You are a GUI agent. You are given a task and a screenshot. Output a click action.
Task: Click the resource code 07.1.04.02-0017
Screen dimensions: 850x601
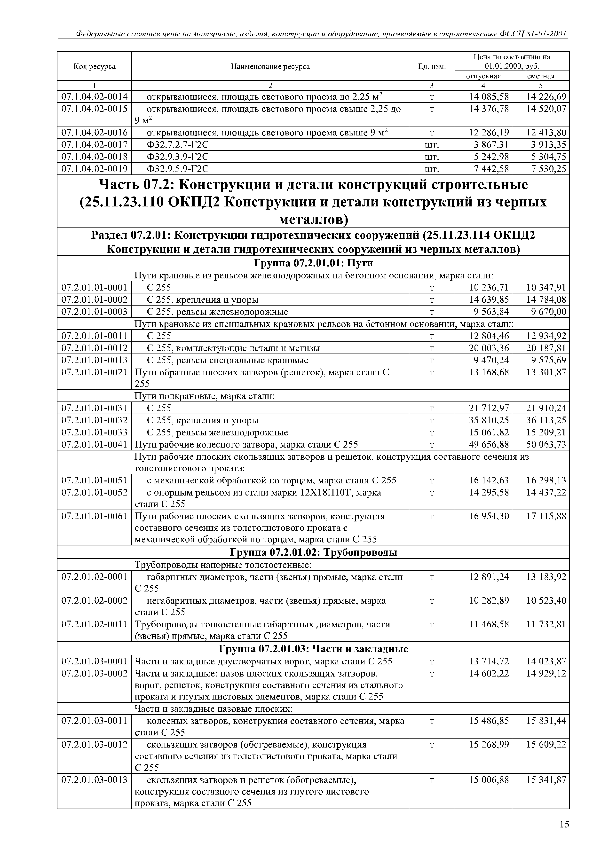[x=95, y=145]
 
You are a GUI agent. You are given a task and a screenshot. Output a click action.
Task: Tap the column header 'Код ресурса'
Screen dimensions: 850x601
[x=95, y=67]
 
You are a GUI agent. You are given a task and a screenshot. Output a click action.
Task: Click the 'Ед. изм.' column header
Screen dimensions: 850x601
[x=432, y=67]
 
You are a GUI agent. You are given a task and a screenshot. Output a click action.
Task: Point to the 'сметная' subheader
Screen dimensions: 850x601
[x=541, y=76]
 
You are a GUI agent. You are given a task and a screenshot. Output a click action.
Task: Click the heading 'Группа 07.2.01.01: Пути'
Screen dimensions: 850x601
[x=313, y=263]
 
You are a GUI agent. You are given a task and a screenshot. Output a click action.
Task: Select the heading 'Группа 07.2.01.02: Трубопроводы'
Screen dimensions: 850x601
[x=313, y=553]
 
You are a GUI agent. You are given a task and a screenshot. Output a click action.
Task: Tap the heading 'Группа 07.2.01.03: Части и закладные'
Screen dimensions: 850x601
[x=313, y=649]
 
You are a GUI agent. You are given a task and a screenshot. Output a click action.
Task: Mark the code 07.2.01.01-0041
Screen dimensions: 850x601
[x=95, y=445]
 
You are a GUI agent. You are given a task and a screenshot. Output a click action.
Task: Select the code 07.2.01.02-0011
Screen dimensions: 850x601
[x=95, y=625]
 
